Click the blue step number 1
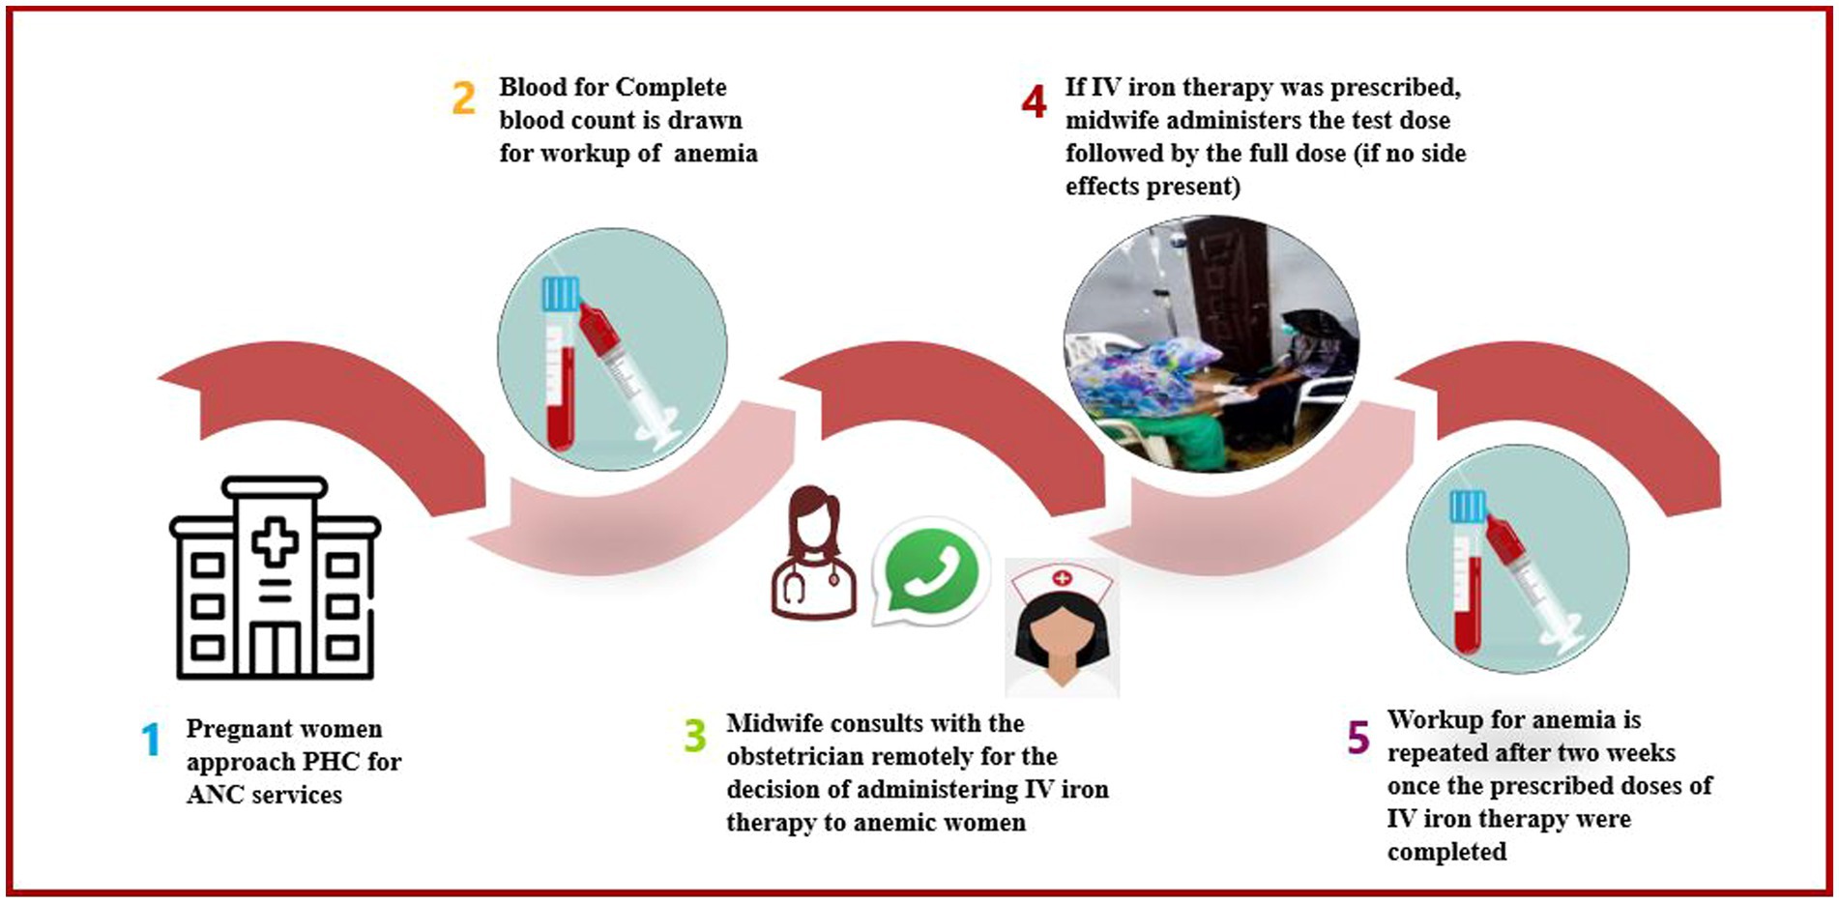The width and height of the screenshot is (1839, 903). tap(151, 740)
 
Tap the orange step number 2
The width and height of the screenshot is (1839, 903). tap(463, 99)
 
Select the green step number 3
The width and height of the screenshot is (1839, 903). tap(694, 736)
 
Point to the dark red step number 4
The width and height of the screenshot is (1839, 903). tap(1034, 101)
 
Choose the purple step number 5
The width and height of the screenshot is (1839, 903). tap(1357, 738)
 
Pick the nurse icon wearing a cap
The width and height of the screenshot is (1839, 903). tap(1062, 627)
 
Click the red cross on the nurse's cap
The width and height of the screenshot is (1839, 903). tap(1062, 578)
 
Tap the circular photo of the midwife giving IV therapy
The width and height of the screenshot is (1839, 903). tap(1211, 343)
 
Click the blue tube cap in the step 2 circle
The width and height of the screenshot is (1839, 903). tap(560, 294)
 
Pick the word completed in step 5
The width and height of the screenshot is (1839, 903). tap(1446, 852)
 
